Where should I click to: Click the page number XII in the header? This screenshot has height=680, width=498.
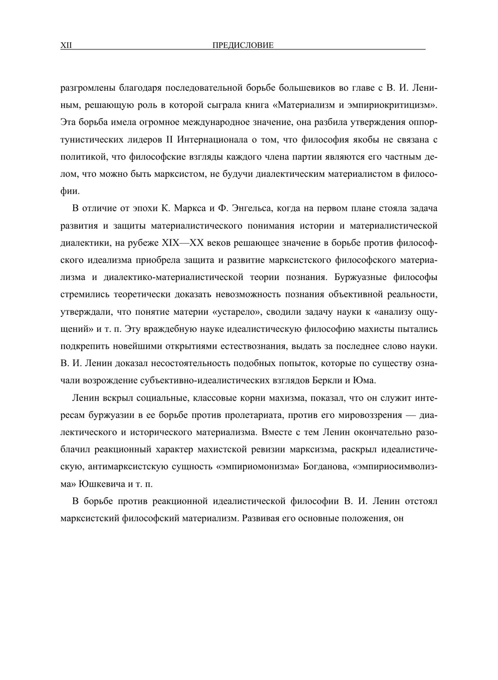coord(66,45)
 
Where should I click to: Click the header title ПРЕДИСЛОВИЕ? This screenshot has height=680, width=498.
coord(243,45)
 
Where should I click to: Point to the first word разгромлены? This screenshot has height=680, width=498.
coord(88,88)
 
